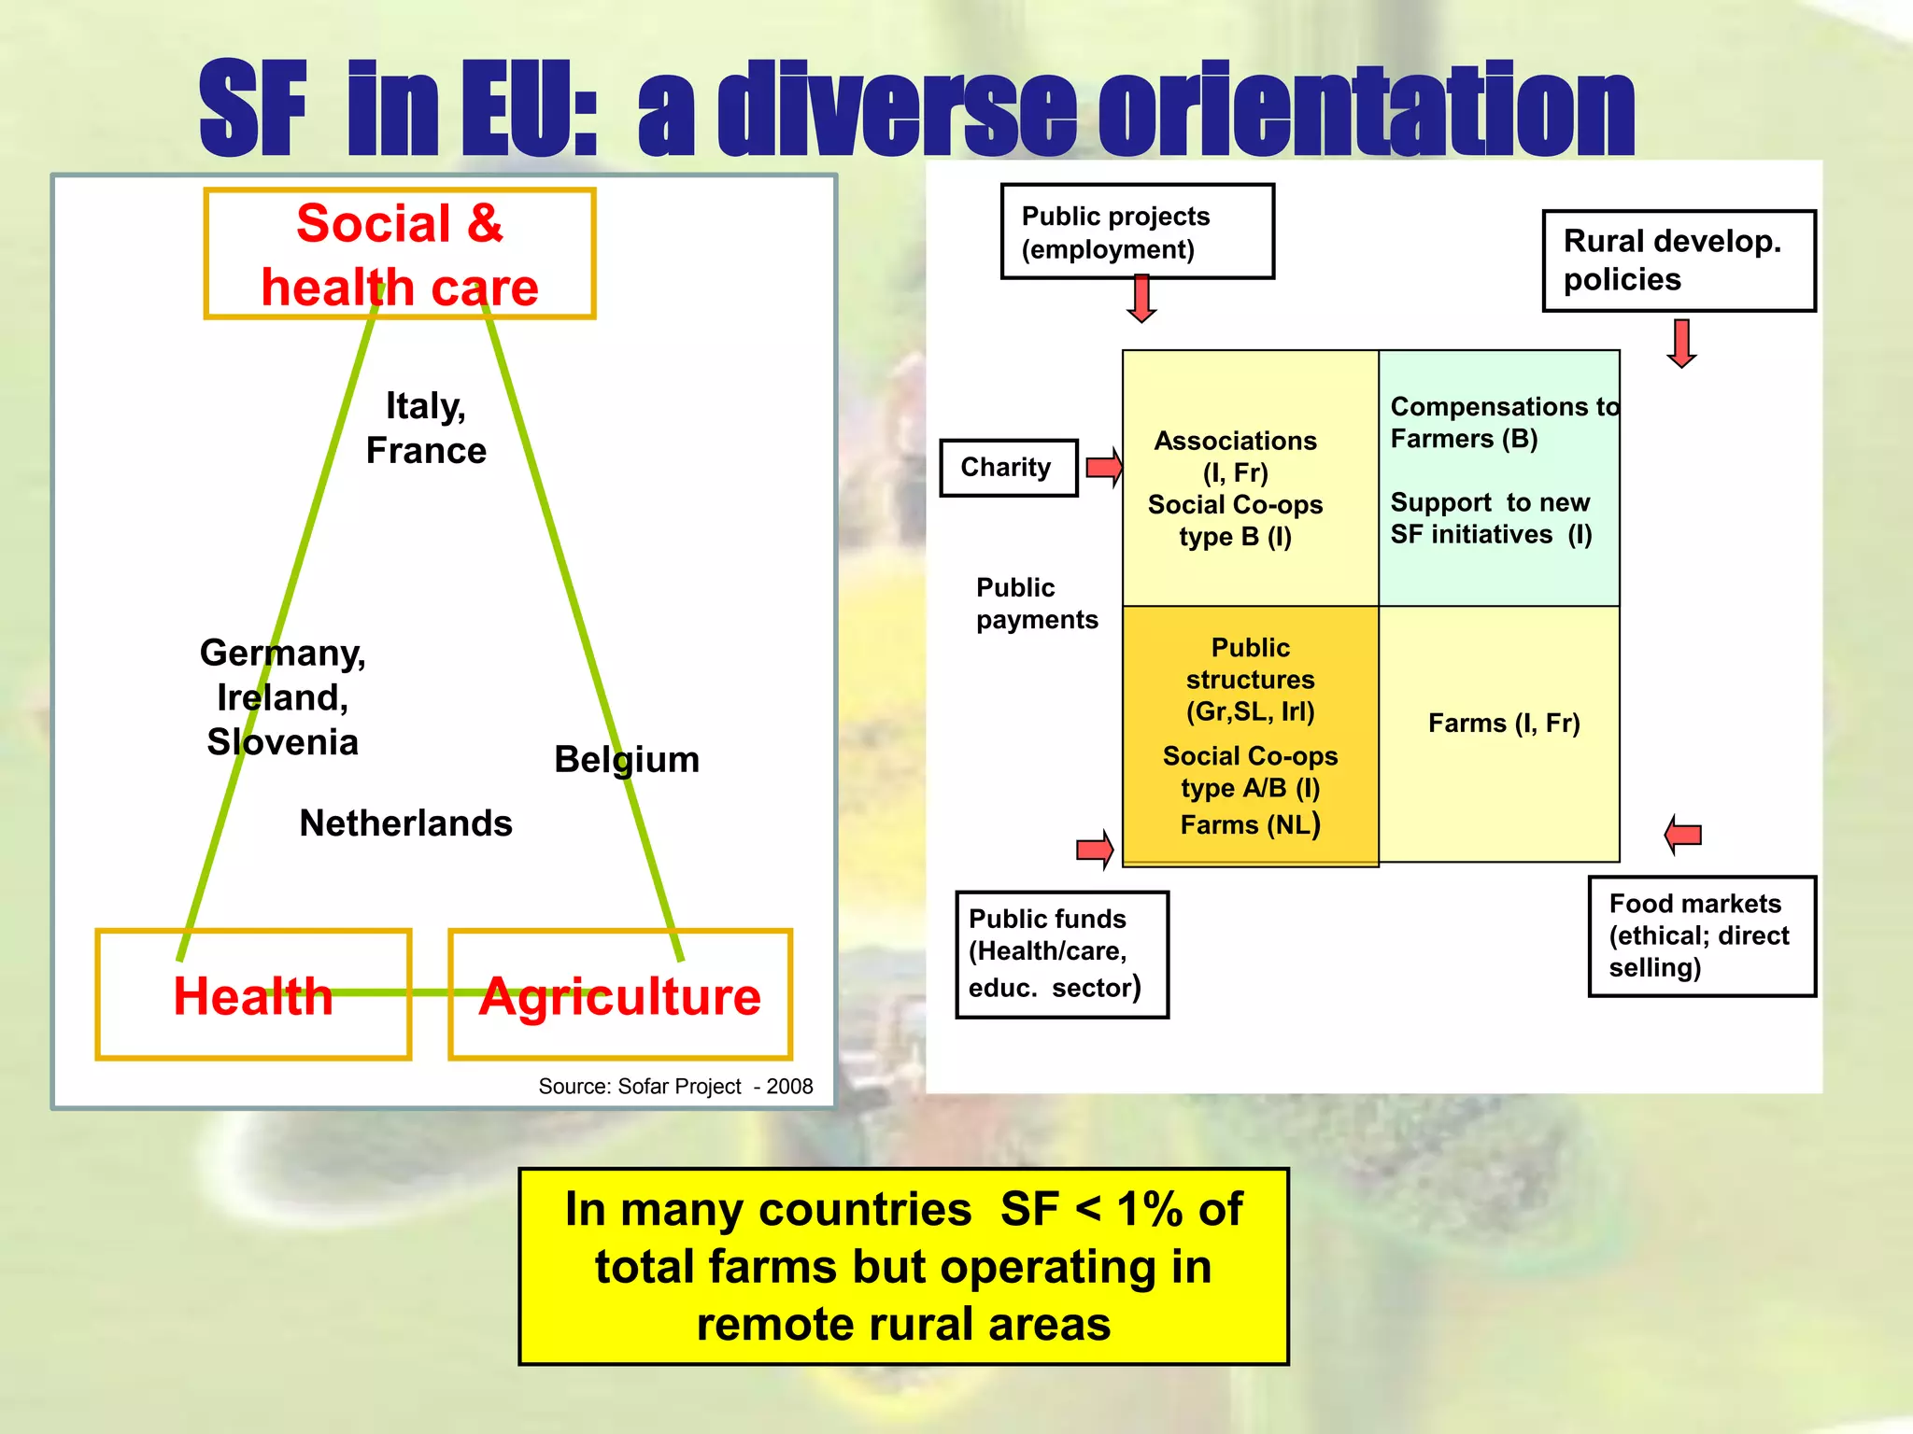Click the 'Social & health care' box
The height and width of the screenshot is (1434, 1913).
pyautogui.click(x=400, y=254)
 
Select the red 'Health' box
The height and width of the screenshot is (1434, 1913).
pyautogui.click(x=253, y=995)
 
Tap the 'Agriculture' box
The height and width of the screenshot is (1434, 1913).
pyautogui.click(x=620, y=995)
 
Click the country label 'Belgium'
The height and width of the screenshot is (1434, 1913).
pyautogui.click(x=627, y=759)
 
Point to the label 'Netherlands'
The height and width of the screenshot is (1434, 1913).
pyautogui.click(x=405, y=823)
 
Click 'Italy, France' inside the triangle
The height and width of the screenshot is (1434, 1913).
pyautogui.click(x=426, y=429)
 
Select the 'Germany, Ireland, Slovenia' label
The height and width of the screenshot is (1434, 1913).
pyautogui.click(x=283, y=696)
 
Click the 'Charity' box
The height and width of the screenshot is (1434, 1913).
pyautogui.click(x=1008, y=468)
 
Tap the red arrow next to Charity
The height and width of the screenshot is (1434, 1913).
pyautogui.click(x=1104, y=467)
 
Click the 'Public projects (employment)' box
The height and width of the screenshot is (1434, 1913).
pyautogui.click(x=1137, y=232)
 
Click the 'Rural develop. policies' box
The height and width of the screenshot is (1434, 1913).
pyautogui.click(x=1679, y=260)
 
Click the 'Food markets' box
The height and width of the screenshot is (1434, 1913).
pyautogui.click(x=1702, y=936)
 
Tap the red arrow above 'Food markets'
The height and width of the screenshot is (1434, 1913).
pyautogui.click(x=1683, y=834)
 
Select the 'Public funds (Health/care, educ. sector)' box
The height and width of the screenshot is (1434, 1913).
pyautogui.click(x=1062, y=954)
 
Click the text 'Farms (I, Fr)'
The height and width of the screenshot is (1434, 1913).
pyautogui.click(x=1504, y=724)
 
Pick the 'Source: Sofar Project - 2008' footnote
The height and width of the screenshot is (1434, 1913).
pyautogui.click(x=675, y=1087)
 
